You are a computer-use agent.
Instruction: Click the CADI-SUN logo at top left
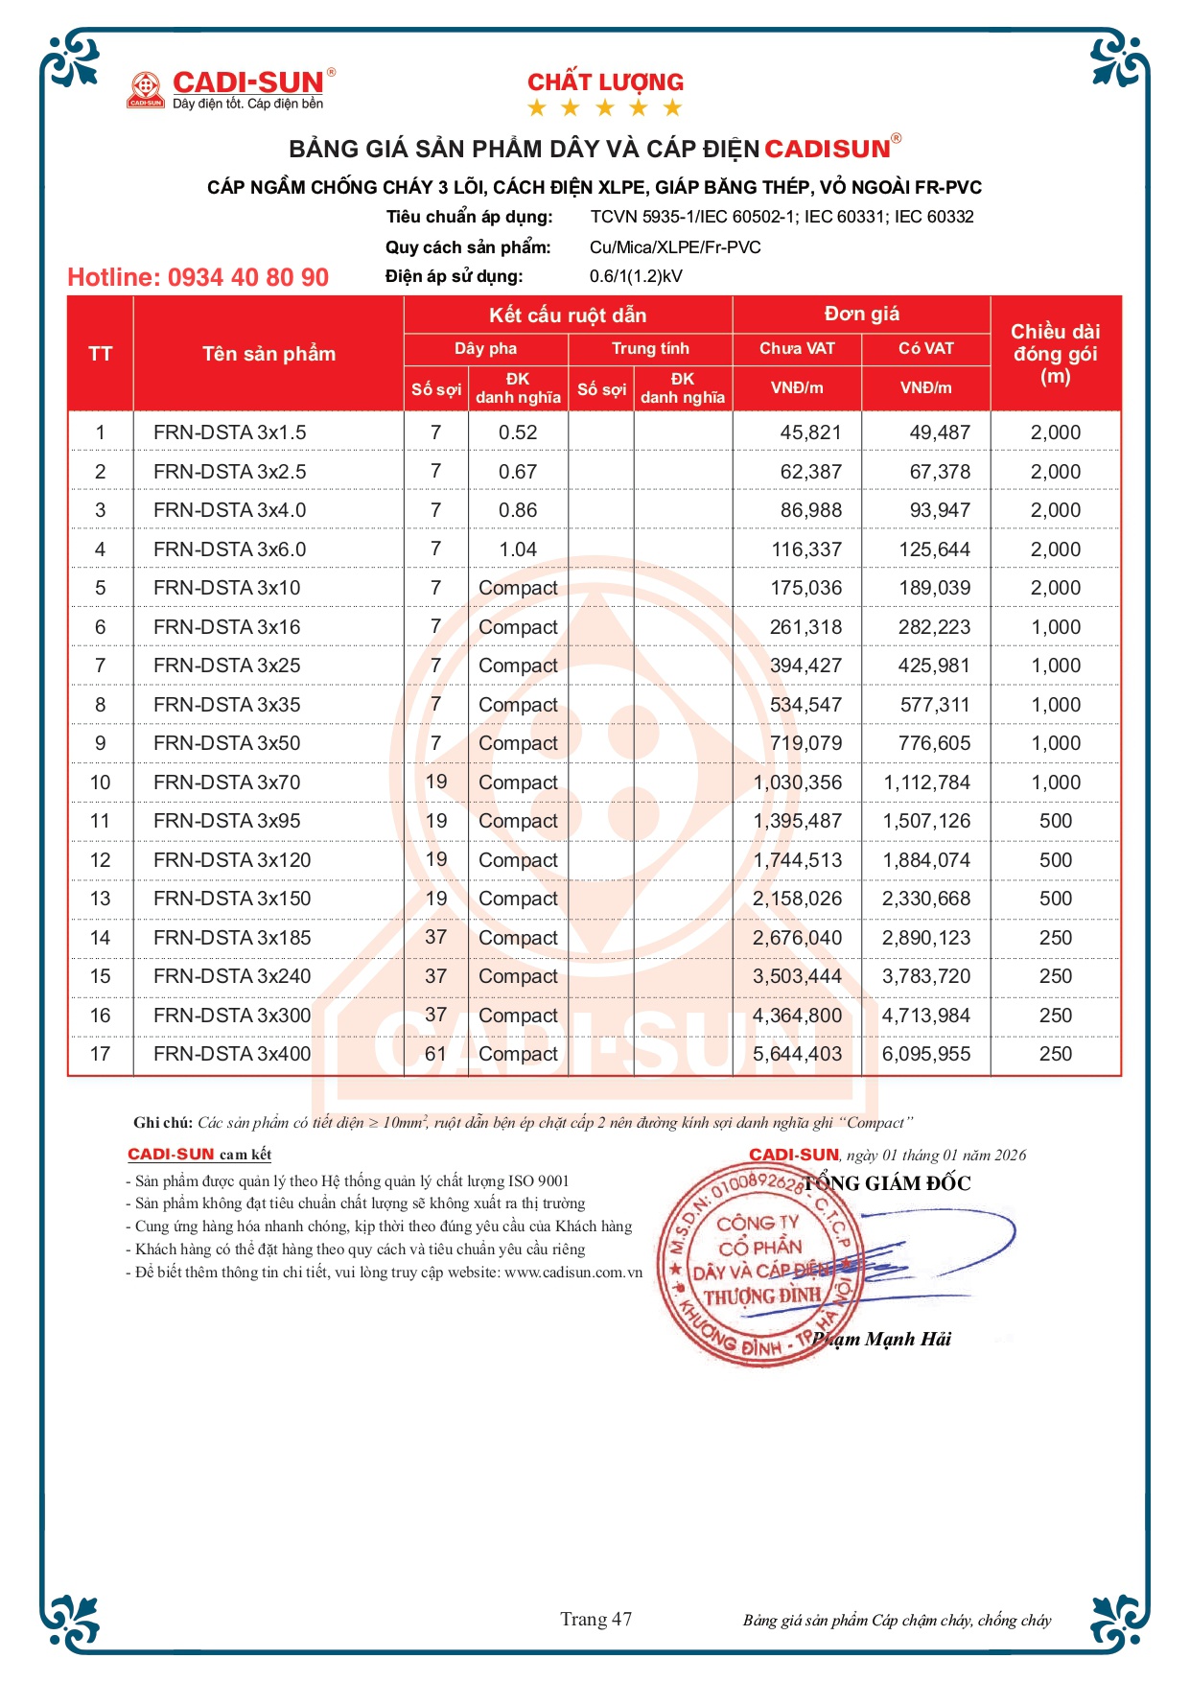231,88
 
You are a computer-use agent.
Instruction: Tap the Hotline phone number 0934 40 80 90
198,278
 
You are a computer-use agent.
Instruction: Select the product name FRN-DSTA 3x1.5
229,433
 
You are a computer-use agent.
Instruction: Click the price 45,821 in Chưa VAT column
810,433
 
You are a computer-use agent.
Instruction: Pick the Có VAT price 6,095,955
925,1055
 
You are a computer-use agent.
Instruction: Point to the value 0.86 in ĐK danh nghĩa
517,511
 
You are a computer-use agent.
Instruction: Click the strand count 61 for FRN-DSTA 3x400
435,1055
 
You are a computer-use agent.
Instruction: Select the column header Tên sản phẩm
268,354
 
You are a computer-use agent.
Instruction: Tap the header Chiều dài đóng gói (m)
1055,354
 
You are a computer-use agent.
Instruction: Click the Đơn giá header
861,315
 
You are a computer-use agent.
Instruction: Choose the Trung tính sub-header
650,348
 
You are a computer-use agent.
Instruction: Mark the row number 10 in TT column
100,783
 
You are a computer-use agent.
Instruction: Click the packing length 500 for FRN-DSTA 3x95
1055,822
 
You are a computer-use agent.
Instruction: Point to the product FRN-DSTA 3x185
232,939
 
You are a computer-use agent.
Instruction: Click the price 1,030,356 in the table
798,783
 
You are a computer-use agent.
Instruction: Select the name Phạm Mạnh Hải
882,1340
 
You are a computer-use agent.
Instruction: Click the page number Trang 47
595,1620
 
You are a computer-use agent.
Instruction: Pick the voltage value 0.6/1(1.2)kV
636,277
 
